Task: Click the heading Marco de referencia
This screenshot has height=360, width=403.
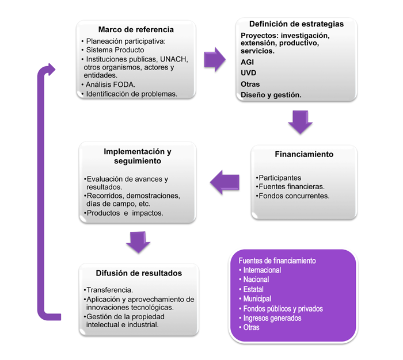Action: (136, 30)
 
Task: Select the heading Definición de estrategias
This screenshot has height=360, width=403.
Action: (296, 24)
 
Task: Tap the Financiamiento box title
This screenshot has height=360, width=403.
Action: (304, 154)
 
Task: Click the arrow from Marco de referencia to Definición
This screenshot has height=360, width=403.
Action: (214, 59)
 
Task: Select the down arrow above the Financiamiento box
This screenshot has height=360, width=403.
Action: (299, 122)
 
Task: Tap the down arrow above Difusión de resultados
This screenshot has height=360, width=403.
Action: (138, 241)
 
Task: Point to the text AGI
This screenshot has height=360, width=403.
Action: (248, 62)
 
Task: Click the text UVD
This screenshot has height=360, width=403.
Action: (249, 73)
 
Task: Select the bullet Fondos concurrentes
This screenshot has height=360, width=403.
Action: (294, 196)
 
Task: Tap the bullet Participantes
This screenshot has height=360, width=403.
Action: (280, 178)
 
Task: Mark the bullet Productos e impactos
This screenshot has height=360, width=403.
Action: (124, 213)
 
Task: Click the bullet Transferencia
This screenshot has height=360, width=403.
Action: (109, 290)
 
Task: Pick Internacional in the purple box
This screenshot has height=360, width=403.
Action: (262, 270)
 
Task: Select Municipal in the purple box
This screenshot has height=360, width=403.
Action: (258, 299)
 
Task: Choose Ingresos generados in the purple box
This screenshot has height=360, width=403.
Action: (272, 318)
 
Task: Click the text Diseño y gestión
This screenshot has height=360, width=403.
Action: (271, 95)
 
